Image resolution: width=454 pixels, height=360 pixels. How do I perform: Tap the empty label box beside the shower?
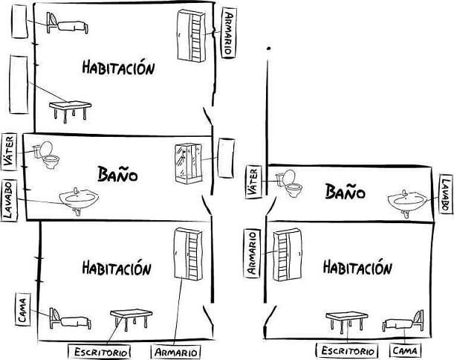pyautogui.click(x=227, y=157)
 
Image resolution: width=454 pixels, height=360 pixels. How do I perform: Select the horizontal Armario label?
pyautogui.click(x=176, y=351)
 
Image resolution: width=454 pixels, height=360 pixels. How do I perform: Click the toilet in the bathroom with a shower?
pyautogui.click(x=48, y=154)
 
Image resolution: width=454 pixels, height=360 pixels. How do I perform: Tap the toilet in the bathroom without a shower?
pyautogui.click(x=289, y=183)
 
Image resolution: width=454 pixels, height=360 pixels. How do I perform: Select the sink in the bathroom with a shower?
pyautogui.click(x=79, y=199)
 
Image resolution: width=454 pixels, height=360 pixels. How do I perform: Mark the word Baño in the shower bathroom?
pyautogui.click(x=118, y=174)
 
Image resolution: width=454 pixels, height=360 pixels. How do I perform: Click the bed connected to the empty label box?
pyautogui.click(x=66, y=25)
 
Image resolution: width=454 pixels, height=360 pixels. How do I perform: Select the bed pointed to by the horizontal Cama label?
pyautogui.click(x=402, y=324)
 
